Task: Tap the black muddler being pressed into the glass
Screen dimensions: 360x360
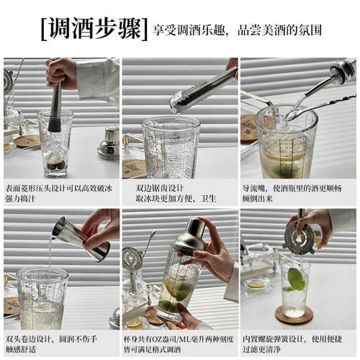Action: (x=55, y=108)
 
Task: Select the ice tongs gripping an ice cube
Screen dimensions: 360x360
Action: (x=202, y=90)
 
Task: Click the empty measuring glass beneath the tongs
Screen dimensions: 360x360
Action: (x=171, y=148)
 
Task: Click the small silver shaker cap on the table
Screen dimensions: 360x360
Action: (x=109, y=142)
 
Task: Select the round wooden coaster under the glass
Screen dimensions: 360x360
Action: (x=293, y=315)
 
